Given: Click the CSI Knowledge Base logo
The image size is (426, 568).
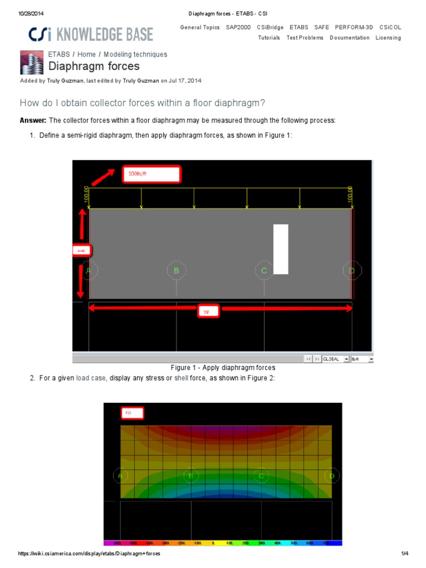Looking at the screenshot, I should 91,34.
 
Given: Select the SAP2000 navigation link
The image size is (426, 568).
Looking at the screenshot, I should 238,27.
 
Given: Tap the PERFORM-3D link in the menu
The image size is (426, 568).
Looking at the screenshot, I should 354,27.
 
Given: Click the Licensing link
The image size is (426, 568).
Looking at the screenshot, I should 388,38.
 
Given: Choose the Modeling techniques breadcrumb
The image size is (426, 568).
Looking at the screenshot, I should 135,54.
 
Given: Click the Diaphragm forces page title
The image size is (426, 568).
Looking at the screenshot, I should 94,67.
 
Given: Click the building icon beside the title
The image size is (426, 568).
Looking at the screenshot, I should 31,62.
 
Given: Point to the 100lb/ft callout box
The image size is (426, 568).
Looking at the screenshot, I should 151,174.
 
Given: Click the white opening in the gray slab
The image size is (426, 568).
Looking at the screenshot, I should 281,249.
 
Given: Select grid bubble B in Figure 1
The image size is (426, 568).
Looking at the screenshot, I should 176,271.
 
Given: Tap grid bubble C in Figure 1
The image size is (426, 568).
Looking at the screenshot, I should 264,271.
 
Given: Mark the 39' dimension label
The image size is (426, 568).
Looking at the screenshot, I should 207,312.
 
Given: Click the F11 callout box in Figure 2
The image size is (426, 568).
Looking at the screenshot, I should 132,413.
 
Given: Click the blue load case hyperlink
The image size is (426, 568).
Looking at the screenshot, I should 90,378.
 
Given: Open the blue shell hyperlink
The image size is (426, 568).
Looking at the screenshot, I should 181,378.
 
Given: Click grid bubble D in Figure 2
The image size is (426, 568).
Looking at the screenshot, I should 332,476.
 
